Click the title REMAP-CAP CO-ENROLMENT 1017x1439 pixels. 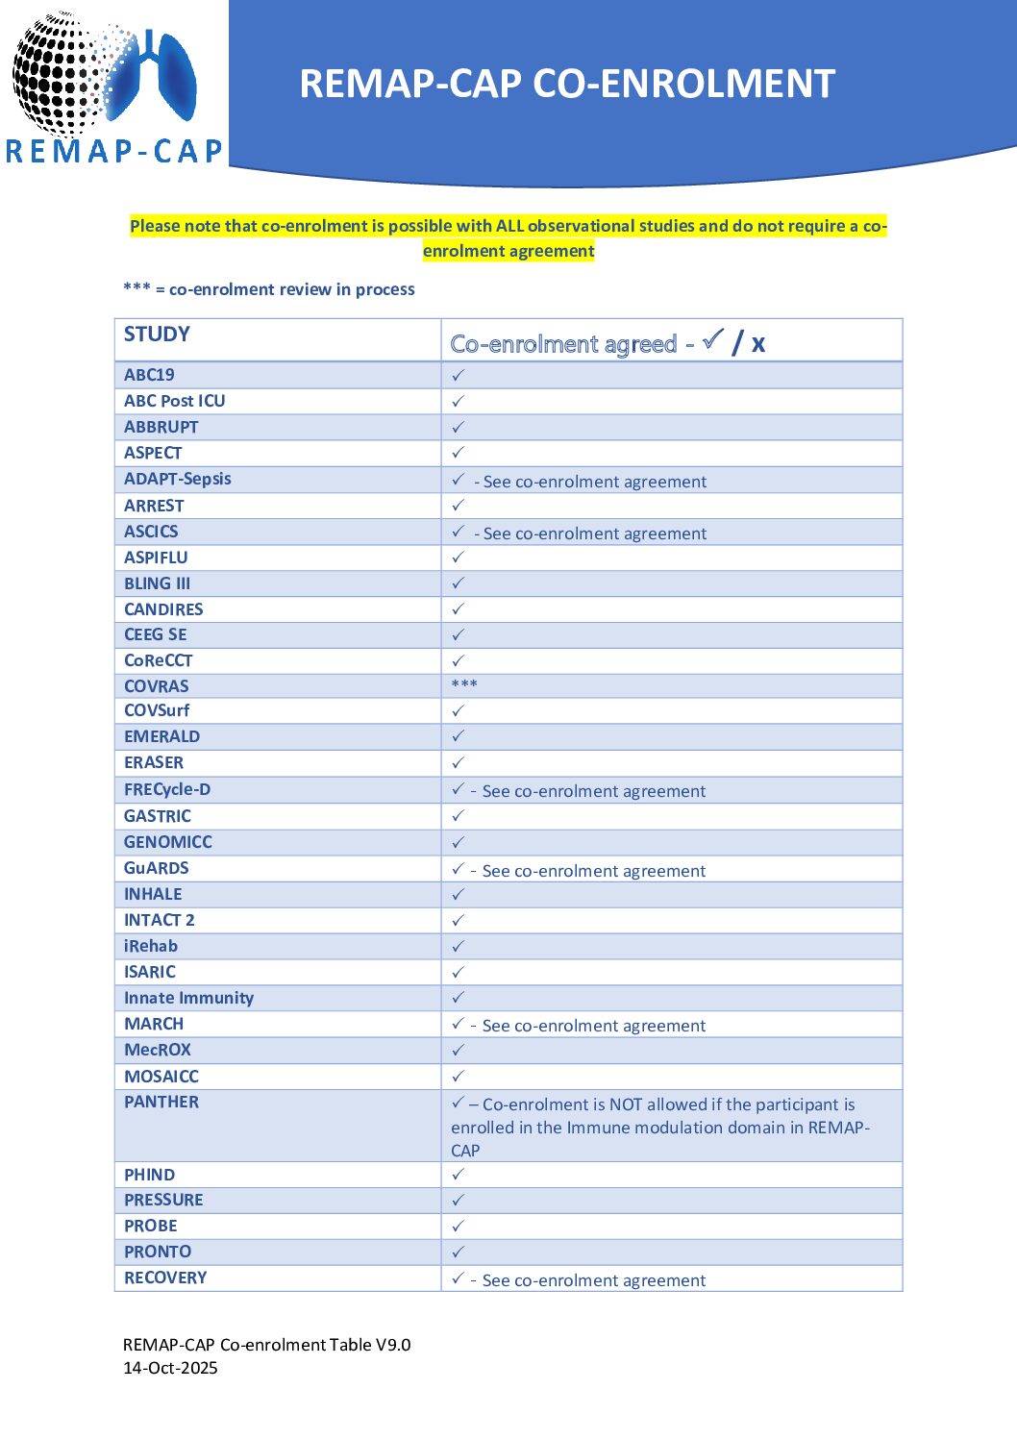tap(566, 84)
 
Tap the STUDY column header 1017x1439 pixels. tap(157, 335)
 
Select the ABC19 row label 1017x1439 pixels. tap(149, 375)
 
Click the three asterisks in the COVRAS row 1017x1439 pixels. tap(464, 685)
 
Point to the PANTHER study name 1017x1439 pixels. tap(161, 1102)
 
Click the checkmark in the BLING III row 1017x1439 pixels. tap(459, 583)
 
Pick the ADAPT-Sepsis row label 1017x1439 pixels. tap(178, 479)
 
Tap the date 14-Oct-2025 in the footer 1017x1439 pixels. tap(170, 1368)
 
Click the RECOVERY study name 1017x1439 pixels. tap(165, 1278)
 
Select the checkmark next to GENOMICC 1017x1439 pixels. tap(459, 842)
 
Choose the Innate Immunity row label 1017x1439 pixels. tap(188, 998)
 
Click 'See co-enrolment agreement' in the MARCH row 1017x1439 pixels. tap(594, 1026)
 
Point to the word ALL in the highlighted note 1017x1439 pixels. tap(509, 226)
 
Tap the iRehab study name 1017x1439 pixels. tap(151, 946)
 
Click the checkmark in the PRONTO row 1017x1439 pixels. tap(459, 1252)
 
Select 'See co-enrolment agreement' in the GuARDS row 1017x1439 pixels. tap(594, 871)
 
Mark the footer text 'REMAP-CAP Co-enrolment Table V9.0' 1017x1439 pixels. tap(266, 1345)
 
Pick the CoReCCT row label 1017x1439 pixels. tap(158, 660)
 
